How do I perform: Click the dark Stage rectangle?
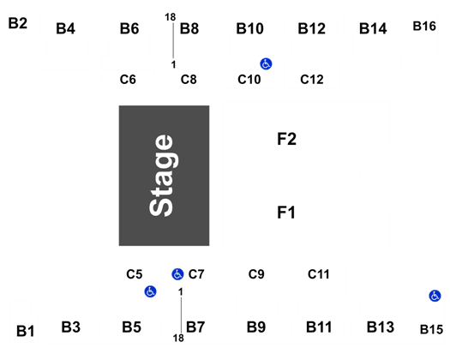pos(165,176)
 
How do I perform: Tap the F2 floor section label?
pos(286,139)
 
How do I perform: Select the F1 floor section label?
pos(286,213)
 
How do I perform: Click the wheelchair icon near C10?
pos(266,63)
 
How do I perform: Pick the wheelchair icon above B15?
pos(435,296)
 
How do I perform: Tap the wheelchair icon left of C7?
pos(177,274)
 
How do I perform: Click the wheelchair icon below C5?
pos(150,291)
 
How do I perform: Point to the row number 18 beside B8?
pos(171,17)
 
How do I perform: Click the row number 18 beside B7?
pos(178,339)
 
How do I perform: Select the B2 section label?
pos(18,23)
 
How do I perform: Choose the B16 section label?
pos(424,26)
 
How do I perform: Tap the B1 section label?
pos(25,331)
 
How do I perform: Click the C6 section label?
pos(128,80)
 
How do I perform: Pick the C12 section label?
pos(312,80)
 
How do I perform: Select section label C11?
pos(319,274)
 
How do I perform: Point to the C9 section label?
pos(256,274)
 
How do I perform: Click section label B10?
pos(249,28)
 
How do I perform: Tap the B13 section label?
pos(381,327)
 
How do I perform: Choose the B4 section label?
pos(65,28)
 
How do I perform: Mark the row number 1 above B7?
pos(181,292)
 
